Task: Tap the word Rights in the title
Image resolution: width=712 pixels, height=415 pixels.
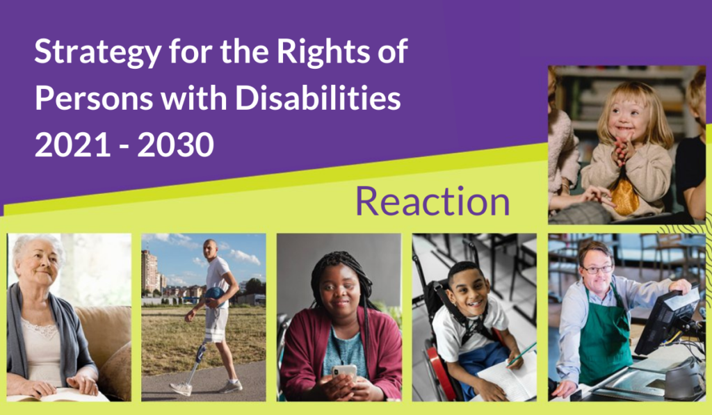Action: click(323, 51)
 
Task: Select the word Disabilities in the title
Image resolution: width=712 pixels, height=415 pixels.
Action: click(318, 97)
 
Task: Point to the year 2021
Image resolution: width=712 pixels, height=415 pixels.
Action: click(72, 145)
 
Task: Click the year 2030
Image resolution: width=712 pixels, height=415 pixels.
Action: click(175, 145)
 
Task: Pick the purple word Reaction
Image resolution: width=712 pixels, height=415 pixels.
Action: click(432, 201)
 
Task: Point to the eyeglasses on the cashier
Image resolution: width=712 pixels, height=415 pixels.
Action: click(597, 269)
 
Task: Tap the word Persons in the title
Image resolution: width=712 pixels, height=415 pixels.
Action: click(94, 99)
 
